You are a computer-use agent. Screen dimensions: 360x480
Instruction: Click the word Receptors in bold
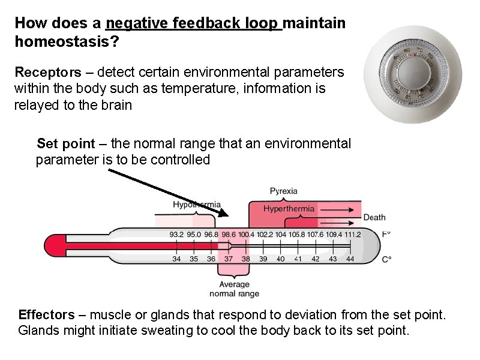pyautogui.click(x=47, y=73)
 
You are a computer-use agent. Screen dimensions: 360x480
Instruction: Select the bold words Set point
pyautogui.click(x=66, y=144)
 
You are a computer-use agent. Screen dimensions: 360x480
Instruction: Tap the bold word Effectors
pyautogui.click(x=47, y=315)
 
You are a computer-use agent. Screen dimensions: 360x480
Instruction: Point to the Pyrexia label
pyautogui.click(x=283, y=191)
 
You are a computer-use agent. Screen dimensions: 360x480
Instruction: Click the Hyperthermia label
pyautogui.click(x=289, y=209)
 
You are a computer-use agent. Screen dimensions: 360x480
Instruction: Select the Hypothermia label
pyautogui.click(x=196, y=205)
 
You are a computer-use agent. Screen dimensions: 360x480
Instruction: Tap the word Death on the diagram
pyautogui.click(x=374, y=217)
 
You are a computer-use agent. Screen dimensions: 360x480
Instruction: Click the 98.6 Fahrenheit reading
pyautogui.click(x=228, y=235)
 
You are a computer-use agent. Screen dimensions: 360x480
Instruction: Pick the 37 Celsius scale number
pyautogui.click(x=228, y=259)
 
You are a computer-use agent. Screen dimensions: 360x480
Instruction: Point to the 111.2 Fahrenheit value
pyautogui.click(x=352, y=235)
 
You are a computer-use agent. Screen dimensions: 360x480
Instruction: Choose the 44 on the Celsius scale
pyautogui.click(x=350, y=259)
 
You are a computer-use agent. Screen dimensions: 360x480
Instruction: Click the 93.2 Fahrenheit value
pyautogui.click(x=176, y=235)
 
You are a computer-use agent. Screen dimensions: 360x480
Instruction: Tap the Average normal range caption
pyautogui.click(x=234, y=289)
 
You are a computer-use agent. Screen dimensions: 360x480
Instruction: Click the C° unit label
pyautogui.click(x=386, y=259)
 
